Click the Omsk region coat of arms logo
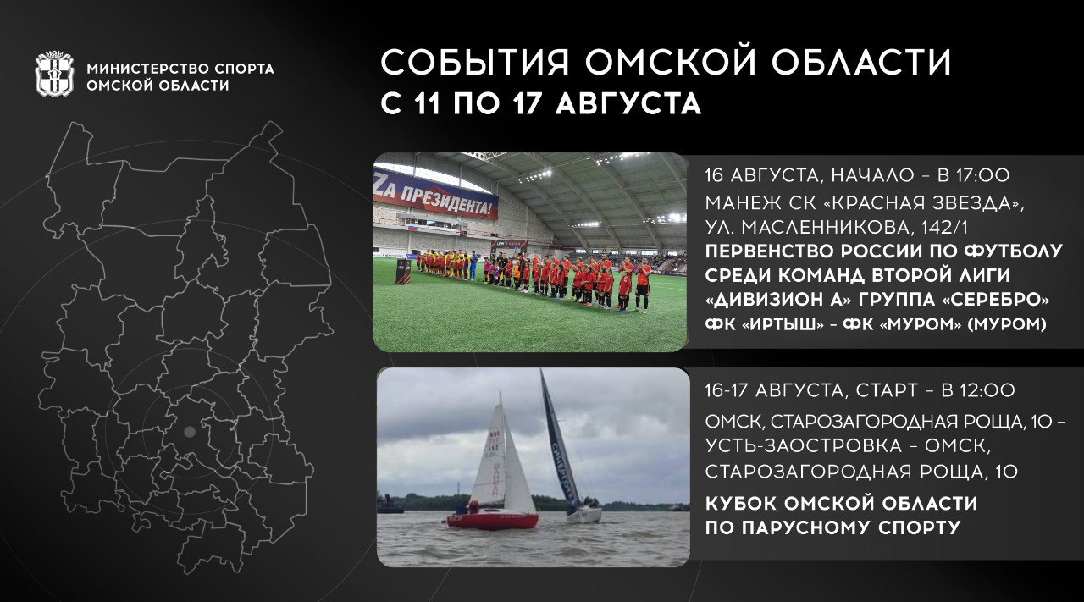54,74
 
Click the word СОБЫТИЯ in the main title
475,63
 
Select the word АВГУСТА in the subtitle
628,103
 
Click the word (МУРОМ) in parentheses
1007,324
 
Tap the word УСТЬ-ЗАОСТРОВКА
804,445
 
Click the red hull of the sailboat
492,521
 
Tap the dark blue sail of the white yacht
560,440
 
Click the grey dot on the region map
190,432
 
